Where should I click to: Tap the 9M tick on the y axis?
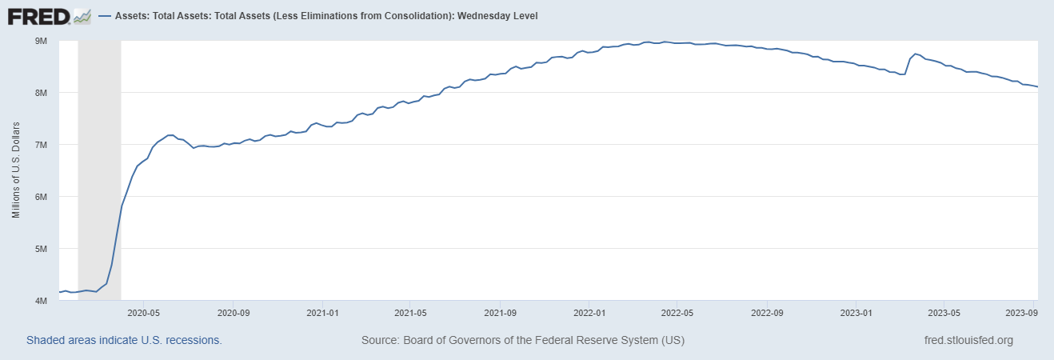coord(41,41)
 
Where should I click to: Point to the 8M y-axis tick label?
coord(41,93)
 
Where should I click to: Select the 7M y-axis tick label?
coord(41,145)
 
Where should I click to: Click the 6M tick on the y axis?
coord(41,197)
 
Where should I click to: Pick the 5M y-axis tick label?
coord(41,249)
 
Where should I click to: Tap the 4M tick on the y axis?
coord(41,301)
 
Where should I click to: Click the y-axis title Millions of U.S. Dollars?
coord(16,170)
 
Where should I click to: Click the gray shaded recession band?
coord(99,160)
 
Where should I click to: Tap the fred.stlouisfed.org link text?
coord(968,340)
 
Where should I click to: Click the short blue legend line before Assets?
coord(104,15)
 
